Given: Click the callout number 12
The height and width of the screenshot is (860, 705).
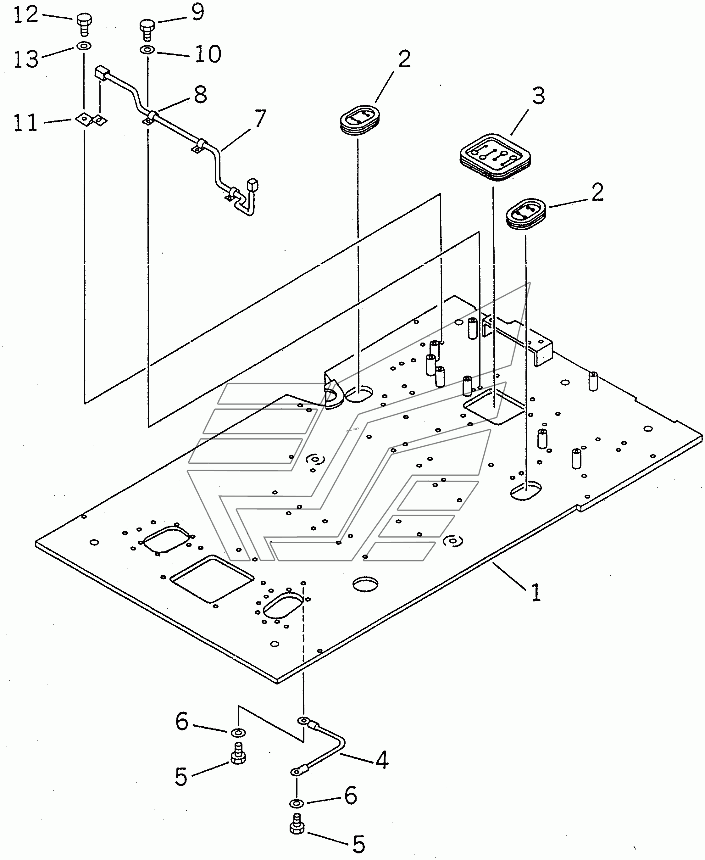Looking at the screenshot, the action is point(26,15).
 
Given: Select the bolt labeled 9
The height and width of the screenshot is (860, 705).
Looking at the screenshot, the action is point(147,29).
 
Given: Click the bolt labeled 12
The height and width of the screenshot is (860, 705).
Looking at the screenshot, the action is point(84,25).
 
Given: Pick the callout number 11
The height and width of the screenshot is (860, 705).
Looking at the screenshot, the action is point(25,123).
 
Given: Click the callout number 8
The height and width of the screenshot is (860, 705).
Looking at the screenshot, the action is point(201,95).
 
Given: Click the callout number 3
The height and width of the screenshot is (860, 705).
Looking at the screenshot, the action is point(538,96).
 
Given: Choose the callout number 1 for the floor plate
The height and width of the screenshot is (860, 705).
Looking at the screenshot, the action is point(536,592).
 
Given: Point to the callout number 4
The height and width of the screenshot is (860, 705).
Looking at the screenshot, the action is point(381,760).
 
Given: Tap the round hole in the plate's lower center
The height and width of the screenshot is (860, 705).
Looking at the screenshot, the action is point(365,584).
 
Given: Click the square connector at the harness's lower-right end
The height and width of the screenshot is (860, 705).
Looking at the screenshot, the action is point(253,185).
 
